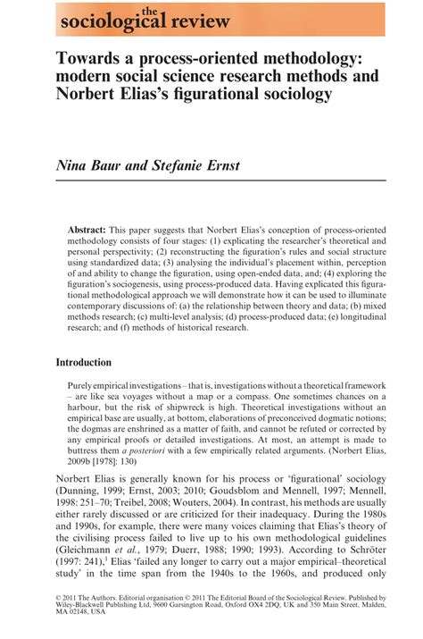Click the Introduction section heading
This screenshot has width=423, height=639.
click(x=83, y=363)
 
